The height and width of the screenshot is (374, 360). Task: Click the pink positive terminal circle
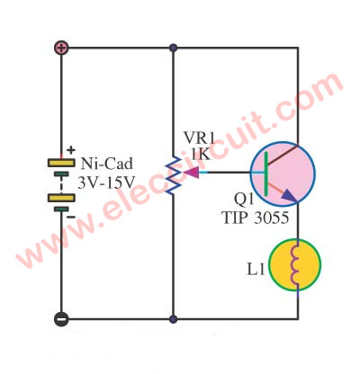(x=61, y=48)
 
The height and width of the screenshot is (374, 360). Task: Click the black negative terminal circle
(x=61, y=319)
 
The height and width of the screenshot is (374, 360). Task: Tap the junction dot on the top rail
(x=173, y=48)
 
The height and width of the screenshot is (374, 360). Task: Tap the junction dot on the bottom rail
(x=173, y=319)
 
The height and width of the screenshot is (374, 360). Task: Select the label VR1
(x=200, y=138)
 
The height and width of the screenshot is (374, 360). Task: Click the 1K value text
(x=201, y=155)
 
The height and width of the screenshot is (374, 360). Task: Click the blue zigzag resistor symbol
(x=173, y=175)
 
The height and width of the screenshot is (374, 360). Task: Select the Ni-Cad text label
(x=106, y=164)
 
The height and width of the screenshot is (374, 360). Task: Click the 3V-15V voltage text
(x=106, y=183)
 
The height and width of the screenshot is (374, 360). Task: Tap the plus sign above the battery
(x=71, y=150)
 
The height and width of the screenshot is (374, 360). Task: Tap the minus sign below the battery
(x=71, y=217)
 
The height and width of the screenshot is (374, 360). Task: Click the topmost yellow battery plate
(x=61, y=163)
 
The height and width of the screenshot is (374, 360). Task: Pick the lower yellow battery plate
(x=61, y=198)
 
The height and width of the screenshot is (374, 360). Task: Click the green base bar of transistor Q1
(x=266, y=174)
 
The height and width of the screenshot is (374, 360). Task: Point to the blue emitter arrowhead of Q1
(x=289, y=195)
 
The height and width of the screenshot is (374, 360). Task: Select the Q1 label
(x=244, y=200)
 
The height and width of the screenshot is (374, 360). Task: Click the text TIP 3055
(x=256, y=218)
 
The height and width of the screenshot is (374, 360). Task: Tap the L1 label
(x=256, y=270)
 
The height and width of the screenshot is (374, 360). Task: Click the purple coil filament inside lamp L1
(x=295, y=264)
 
